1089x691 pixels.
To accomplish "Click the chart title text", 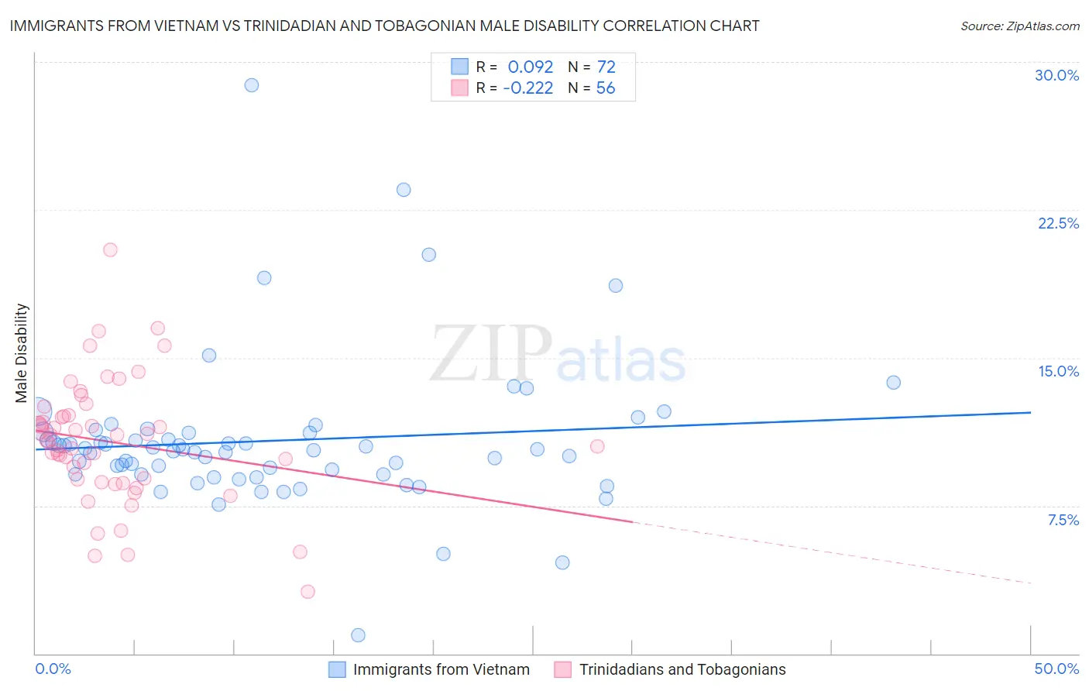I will [384, 26].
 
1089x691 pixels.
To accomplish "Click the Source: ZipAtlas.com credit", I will [1019, 26].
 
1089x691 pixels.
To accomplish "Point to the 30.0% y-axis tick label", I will [1056, 75].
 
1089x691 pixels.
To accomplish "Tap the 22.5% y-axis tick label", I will [1058, 223].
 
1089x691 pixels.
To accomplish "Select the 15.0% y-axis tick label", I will [1058, 371].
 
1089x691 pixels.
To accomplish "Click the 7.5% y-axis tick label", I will [1063, 520].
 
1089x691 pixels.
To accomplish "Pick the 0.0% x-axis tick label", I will [53, 669].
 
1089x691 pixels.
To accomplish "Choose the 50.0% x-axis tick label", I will [1056, 669].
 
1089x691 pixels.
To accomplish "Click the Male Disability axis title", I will [22, 353].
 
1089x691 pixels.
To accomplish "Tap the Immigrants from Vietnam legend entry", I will [441, 669].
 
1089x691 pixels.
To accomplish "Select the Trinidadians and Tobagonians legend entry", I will [682, 669].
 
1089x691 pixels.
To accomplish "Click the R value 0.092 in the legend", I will [531, 67].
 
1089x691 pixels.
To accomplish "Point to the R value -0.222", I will [528, 88].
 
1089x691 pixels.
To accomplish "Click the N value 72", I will [606, 67].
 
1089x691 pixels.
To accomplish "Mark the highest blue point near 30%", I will [251, 85].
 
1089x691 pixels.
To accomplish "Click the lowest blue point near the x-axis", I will [358, 635].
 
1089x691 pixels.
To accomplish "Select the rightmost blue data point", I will [893, 383].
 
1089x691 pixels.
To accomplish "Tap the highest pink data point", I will [110, 249].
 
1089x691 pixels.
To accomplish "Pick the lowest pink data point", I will [307, 592].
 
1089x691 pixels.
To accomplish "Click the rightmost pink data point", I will [597, 446].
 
